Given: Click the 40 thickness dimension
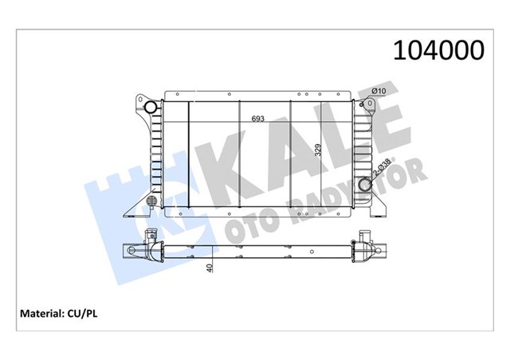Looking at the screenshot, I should click(x=210, y=268).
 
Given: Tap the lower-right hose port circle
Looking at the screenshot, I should click(x=367, y=186).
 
